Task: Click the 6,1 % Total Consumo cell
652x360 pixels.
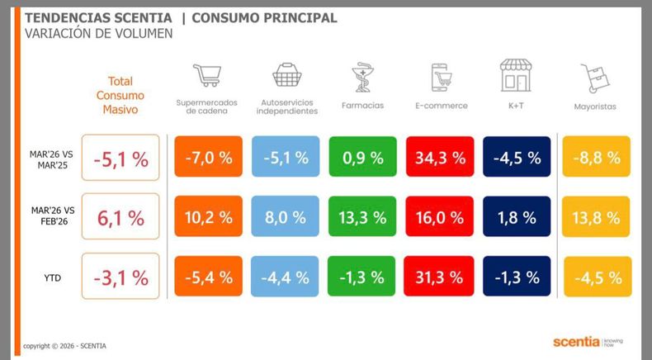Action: pyautogui.click(x=120, y=218)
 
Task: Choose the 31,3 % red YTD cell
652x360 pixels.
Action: pyautogui.click(x=440, y=277)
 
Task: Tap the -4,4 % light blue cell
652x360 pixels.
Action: pyautogui.click(x=285, y=277)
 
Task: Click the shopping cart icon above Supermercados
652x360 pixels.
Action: pyautogui.click(x=206, y=76)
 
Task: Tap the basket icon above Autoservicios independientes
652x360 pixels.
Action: pyautogui.click(x=286, y=76)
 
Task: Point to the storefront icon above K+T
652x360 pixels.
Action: pyautogui.click(x=515, y=75)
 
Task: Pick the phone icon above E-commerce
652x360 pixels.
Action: pyautogui.click(x=441, y=78)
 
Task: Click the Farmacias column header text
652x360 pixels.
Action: pyautogui.click(x=361, y=106)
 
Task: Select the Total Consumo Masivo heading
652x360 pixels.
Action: pyautogui.click(x=121, y=95)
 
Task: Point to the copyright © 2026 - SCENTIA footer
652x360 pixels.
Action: pyautogui.click(x=64, y=345)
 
